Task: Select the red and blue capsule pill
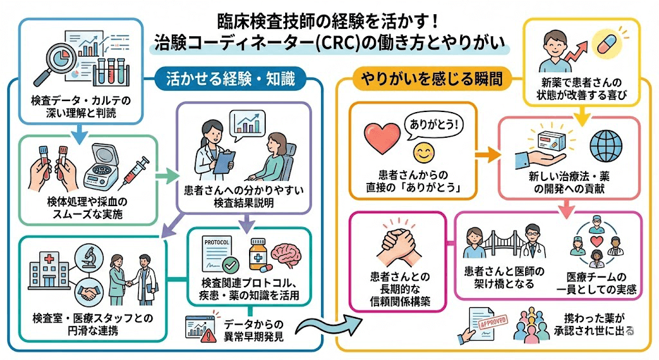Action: [607, 46]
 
